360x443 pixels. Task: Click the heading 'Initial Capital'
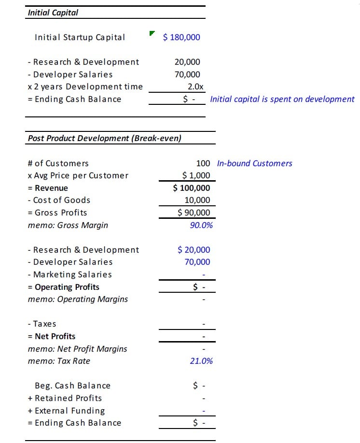[53, 13]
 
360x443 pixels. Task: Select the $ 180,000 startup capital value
[181, 37]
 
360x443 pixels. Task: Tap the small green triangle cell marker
[152, 33]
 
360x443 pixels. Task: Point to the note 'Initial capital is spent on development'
[282, 99]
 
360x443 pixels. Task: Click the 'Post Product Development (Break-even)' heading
[105, 138]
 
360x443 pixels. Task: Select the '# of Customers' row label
[58, 163]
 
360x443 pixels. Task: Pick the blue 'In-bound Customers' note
[254, 163]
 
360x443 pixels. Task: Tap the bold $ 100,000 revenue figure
[192, 188]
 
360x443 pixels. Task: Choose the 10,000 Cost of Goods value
[197, 200]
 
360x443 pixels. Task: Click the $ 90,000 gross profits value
[194, 213]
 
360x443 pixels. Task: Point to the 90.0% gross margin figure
[201, 225]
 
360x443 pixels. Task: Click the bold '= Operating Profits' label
[64, 287]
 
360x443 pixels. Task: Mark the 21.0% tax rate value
[201, 361]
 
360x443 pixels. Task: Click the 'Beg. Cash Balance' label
[72, 386]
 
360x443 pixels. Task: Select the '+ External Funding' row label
[67, 411]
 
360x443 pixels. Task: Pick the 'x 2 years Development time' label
[85, 86]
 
